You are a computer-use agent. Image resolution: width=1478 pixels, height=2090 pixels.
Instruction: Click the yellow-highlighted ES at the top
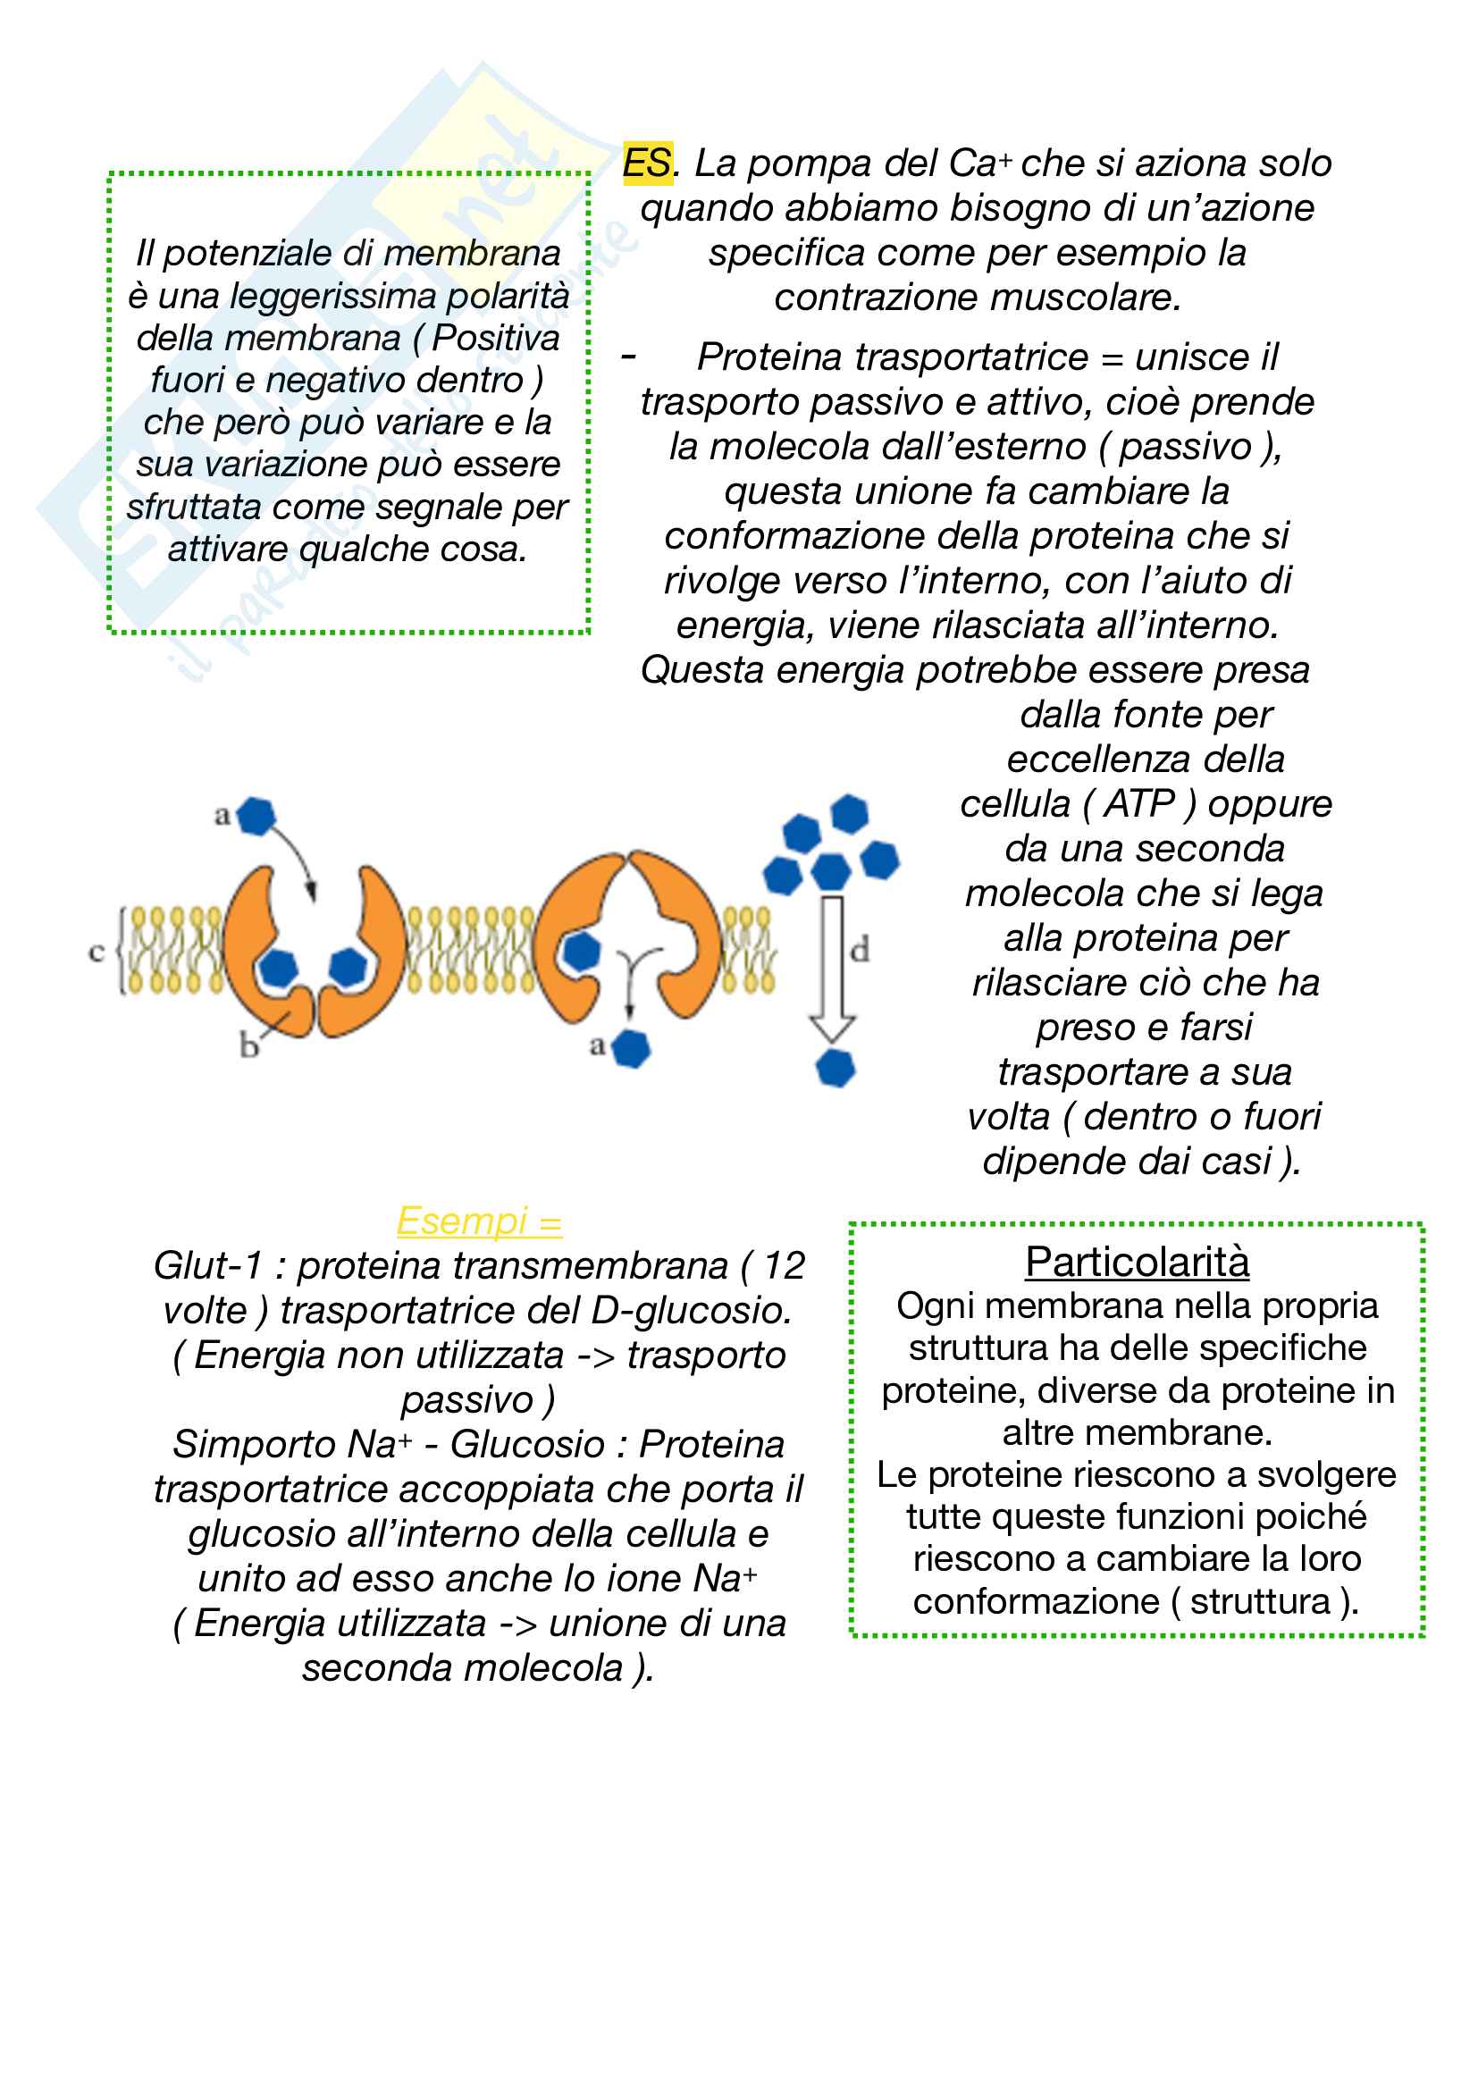647,164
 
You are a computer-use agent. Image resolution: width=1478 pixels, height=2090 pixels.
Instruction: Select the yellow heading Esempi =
480,1221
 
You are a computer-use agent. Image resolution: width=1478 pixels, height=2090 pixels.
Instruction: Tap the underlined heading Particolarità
1137,1263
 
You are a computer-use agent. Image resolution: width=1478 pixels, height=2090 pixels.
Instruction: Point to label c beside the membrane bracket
97,953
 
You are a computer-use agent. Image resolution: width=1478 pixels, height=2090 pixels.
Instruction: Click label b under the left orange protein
248,1047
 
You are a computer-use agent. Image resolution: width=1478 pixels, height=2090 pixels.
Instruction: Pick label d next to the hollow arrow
859,951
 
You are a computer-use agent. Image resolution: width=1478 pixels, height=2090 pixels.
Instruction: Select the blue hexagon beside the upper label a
256,816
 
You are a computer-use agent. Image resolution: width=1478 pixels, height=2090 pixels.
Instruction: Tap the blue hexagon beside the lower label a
631,1049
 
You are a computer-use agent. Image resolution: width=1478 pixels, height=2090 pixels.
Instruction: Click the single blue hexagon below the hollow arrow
836,1068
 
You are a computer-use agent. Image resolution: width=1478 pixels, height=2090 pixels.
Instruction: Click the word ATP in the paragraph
1139,804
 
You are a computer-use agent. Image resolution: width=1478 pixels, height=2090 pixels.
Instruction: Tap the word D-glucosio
691,1311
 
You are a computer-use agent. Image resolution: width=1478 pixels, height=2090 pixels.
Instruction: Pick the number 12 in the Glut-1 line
785,1266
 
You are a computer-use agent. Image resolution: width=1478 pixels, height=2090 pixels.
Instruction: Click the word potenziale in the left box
245,254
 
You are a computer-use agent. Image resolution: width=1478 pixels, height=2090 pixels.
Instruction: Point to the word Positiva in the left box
496,339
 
